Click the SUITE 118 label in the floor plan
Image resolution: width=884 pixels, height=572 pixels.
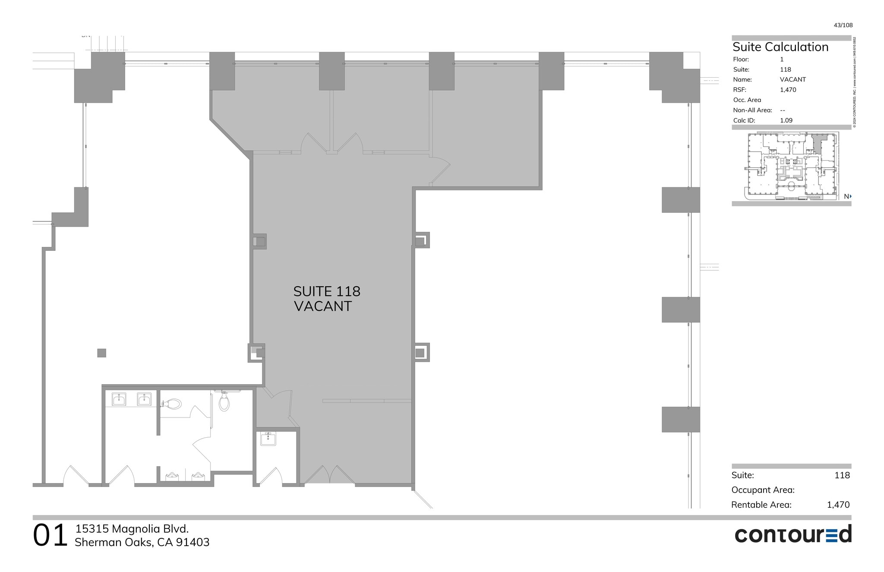point(327,291)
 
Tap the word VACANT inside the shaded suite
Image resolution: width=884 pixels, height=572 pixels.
point(323,306)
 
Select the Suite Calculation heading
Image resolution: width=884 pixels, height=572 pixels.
point(780,47)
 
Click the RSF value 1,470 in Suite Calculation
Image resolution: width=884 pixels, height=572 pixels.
point(788,90)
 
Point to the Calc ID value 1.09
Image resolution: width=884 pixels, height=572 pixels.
point(786,120)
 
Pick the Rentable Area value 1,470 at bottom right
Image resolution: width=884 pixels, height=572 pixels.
point(838,505)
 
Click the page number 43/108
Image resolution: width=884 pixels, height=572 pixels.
point(843,25)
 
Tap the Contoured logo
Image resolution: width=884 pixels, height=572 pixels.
point(793,534)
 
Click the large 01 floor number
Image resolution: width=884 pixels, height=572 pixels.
point(50,536)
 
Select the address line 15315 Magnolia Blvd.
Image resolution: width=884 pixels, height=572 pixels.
point(132,529)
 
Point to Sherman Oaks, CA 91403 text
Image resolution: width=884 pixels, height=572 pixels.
point(142,542)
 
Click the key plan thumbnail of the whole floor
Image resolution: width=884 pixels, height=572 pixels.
point(791,166)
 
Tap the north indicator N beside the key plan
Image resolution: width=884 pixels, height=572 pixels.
point(847,196)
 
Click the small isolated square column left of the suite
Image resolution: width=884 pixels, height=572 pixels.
point(101,353)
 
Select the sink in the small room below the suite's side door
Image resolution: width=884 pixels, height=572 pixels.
point(268,439)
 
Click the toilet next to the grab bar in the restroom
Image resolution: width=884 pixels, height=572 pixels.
point(224,401)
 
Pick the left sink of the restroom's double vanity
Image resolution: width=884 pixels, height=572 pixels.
point(119,399)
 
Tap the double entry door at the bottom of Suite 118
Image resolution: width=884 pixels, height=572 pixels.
point(330,475)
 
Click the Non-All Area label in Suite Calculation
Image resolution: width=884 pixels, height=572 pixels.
point(752,110)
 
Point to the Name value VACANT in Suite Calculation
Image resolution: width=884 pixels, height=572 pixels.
point(792,79)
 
